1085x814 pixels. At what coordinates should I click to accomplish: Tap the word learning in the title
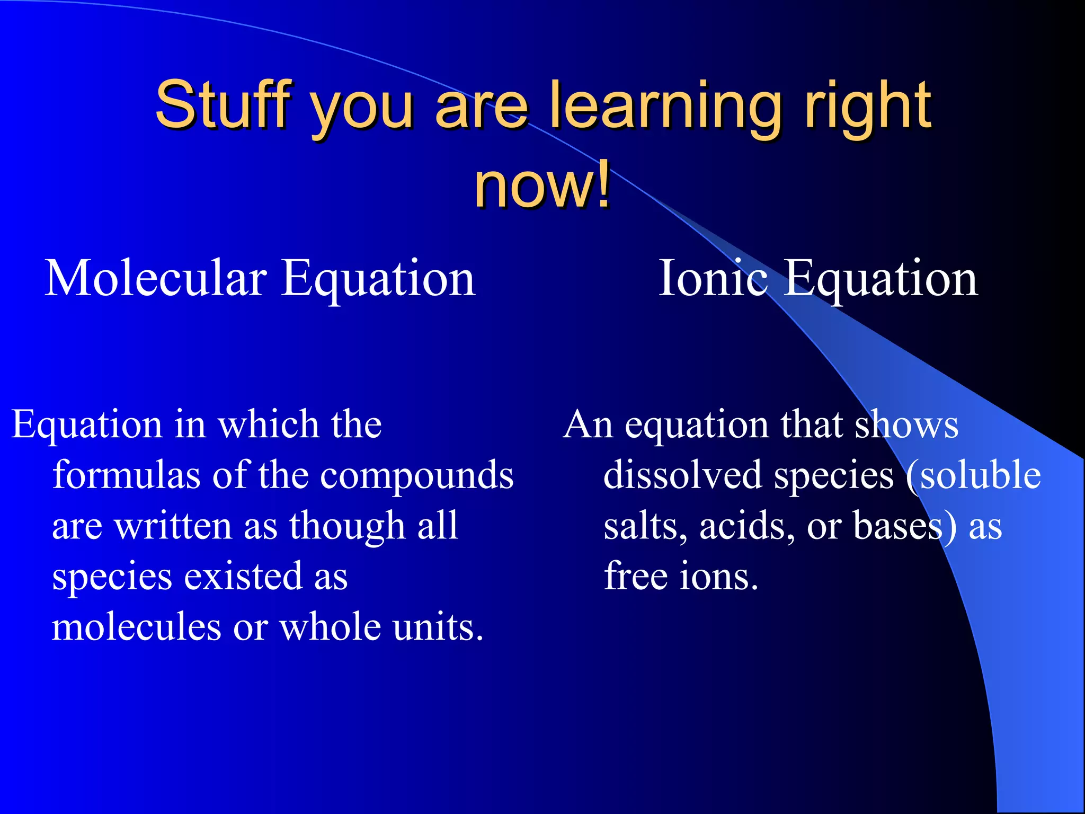click(665, 105)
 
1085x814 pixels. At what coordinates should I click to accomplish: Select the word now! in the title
click(542, 185)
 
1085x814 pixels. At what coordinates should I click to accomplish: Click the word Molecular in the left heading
click(156, 279)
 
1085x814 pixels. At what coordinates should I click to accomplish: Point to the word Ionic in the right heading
click(713, 279)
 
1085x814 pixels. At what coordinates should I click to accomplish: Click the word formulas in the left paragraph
click(126, 475)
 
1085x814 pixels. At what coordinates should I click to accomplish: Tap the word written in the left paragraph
click(173, 526)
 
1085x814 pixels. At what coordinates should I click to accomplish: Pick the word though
click(346, 527)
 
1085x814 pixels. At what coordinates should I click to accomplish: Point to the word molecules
click(136, 627)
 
